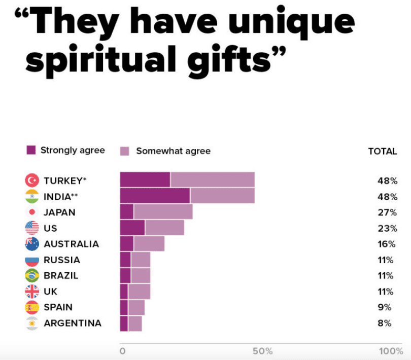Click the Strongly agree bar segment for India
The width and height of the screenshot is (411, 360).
(155, 196)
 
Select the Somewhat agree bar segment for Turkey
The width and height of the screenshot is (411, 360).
(212, 180)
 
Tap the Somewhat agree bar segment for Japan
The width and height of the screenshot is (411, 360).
(163, 212)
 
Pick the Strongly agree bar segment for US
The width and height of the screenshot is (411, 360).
(132, 228)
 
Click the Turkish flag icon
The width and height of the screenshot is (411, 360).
(32, 180)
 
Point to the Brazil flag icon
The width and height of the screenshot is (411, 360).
(32, 275)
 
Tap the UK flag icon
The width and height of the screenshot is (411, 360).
(32, 292)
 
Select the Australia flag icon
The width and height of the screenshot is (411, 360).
(32, 244)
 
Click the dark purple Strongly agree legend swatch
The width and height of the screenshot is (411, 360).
(31, 150)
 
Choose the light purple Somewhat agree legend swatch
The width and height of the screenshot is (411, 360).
(125, 151)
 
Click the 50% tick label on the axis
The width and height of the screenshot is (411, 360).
(263, 351)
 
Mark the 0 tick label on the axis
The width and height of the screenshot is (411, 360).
(122, 351)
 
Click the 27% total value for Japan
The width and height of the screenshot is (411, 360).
(387, 212)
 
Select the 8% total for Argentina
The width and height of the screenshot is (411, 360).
(384, 323)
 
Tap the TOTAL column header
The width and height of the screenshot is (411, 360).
(382, 151)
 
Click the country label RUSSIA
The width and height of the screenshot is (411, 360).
(62, 260)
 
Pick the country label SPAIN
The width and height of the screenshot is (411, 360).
(58, 307)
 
